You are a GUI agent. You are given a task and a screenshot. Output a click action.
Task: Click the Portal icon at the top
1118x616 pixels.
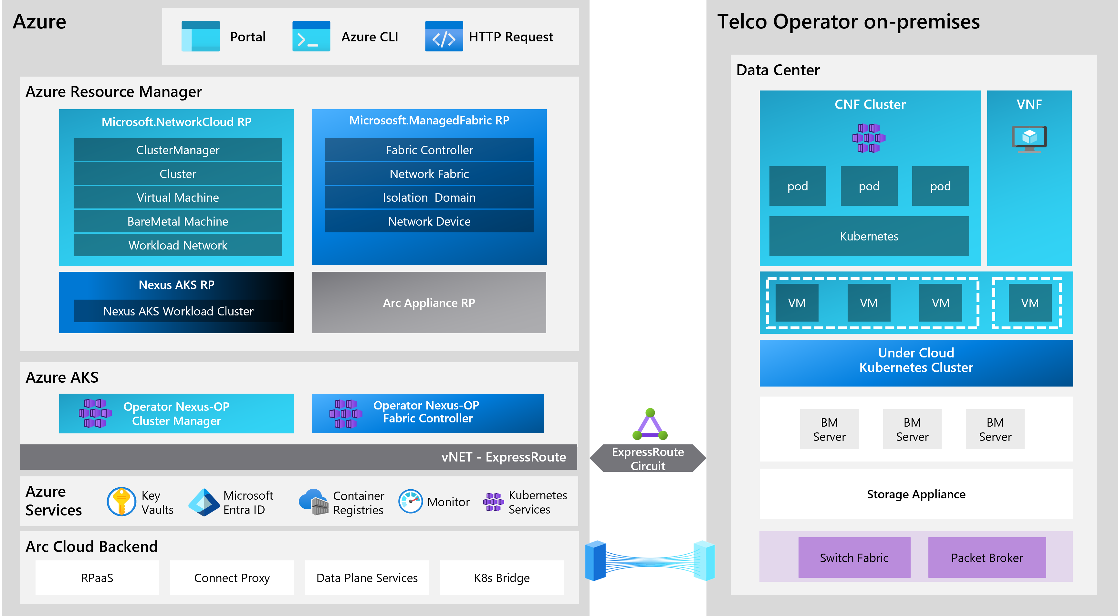(x=201, y=37)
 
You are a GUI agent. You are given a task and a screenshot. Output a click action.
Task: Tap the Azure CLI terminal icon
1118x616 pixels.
(x=311, y=37)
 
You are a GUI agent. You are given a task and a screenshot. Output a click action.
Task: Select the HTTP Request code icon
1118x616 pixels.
(x=444, y=37)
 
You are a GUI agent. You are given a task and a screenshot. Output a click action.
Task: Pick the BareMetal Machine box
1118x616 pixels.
(x=178, y=221)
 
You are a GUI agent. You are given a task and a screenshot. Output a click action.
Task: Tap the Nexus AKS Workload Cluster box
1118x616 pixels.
(x=178, y=311)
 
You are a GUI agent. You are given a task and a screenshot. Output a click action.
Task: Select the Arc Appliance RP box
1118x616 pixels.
(x=429, y=303)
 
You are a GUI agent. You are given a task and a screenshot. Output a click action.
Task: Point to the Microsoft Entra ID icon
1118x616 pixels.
(x=204, y=502)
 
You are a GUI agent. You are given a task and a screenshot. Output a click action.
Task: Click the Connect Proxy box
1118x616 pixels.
(x=232, y=578)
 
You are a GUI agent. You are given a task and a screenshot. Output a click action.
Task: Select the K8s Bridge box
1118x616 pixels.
(x=502, y=578)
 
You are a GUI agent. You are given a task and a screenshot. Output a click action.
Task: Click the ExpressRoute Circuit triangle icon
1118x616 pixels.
(x=650, y=425)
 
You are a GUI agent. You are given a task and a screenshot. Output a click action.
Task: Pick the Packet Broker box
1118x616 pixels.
(x=987, y=558)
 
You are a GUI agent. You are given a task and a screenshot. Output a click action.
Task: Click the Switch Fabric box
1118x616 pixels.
(x=854, y=558)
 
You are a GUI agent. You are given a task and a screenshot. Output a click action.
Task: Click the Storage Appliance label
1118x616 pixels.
(x=916, y=494)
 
